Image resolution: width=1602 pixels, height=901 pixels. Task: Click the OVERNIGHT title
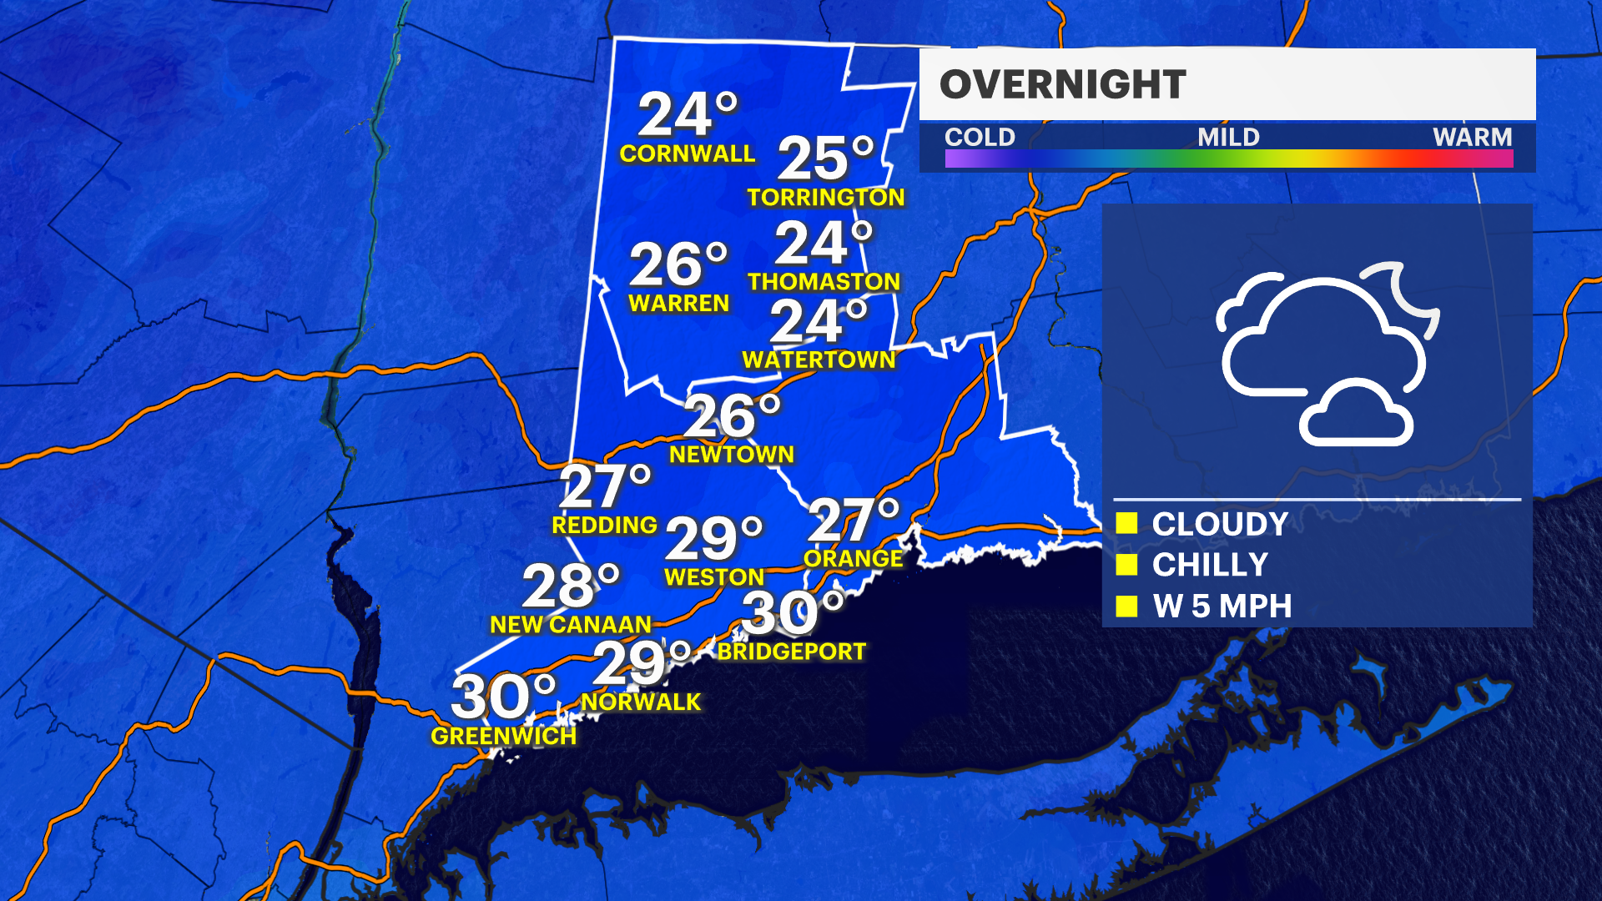1062,84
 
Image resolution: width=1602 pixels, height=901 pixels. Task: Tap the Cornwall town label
687,154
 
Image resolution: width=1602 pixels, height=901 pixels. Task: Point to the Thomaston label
824,282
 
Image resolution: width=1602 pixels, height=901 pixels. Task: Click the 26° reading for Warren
678,264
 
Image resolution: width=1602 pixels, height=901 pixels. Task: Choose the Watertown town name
819,360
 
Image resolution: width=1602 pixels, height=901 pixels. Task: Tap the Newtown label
732,455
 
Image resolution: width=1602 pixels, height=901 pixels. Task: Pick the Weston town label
714,577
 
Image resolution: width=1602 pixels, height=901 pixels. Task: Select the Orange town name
853,558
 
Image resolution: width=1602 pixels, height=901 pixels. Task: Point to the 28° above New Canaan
571,586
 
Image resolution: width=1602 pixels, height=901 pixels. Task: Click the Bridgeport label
792,652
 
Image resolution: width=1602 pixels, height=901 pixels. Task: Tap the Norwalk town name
641,702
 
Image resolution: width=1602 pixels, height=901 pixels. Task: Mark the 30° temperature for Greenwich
503,697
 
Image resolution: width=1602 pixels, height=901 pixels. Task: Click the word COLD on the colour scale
980,137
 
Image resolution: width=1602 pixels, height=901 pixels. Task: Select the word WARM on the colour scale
1472,137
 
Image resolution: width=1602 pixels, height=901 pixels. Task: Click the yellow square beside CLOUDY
1126,523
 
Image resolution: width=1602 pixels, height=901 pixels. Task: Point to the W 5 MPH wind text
1222,607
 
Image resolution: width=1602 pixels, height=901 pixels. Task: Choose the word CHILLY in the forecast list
1210,565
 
